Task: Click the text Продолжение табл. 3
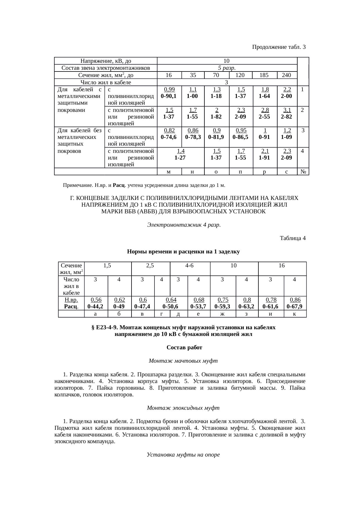pyautogui.click(x=278, y=47)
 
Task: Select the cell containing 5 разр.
pyautogui.click(x=226, y=68)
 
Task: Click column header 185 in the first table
pyautogui.click(x=264, y=75)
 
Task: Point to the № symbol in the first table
pyautogui.click(x=303, y=172)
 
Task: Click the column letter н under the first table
pyautogui.click(x=192, y=172)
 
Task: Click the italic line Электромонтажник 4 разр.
pyautogui.click(x=183, y=225)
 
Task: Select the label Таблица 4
pyautogui.click(x=292, y=238)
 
